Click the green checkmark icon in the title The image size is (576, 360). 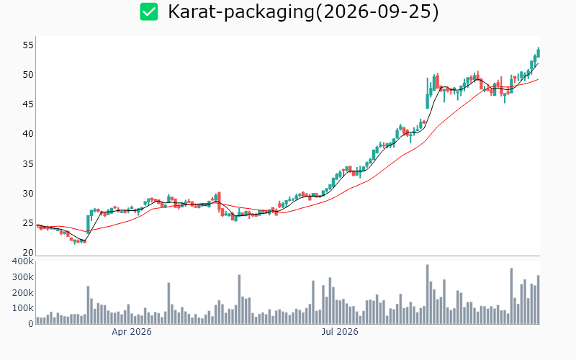coord(149,12)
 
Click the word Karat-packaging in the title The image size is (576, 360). coord(241,12)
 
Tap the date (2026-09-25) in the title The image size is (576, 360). coord(377,12)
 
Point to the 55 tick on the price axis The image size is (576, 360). coord(28,45)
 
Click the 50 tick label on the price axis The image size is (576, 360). coord(28,75)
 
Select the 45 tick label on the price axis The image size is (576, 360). coord(28,104)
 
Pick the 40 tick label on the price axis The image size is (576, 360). coord(28,134)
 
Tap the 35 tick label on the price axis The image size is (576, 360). coord(28,164)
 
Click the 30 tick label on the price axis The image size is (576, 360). coord(28,194)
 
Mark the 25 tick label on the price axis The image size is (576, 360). coord(28,223)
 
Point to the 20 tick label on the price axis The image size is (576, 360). coord(28,253)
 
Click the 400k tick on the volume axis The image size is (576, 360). coord(23,261)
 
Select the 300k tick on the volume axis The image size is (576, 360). coord(23,277)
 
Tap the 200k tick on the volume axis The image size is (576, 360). coord(23,293)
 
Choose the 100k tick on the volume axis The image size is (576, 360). coord(23,308)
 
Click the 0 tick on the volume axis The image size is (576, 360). coord(31,324)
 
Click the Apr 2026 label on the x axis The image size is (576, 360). coord(132,332)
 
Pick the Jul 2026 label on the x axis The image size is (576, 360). coord(340,332)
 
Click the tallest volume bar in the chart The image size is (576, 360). coord(427,294)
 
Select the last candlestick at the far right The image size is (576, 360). coord(539,52)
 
